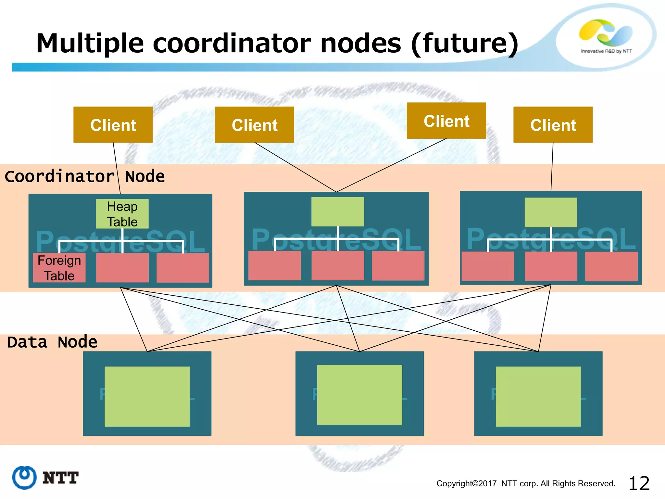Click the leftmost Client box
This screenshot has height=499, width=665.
pyautogui.click(x=113, y=125)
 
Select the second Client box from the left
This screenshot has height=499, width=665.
pyautogui.click(x=254, y=125)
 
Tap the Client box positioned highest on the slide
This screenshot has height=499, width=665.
pyautogui.click(x=446, y=121)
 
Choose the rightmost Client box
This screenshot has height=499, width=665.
pyautogui.click(x=553, y=125)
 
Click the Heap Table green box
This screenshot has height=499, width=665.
pyautogui.click(x=122, y=214)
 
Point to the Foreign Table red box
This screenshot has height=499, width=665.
pyautogui.click(x=59, y=268)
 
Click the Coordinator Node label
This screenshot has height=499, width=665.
pyautogui.click(x=84, y=177)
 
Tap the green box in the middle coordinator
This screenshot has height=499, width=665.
pyautogui.click(x=337, y=211)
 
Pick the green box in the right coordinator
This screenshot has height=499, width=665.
pyautogui.click(x=551, y=212)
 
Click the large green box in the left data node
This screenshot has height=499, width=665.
pyautogui.click(x=147, y=396)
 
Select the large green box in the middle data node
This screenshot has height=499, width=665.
pyautogui.click(x=359, y=395)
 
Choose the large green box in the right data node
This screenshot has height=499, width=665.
pyautogui.click(x=538, y=396)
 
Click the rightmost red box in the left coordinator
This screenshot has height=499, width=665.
pyautogui.click(x=183, y=268)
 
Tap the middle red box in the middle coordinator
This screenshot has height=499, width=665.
pyautogui.click(x=337, y=265)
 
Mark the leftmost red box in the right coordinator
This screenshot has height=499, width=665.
pyautogui.click(x=488, y=266)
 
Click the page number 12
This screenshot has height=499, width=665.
pyautogui.click(x=639, y=483)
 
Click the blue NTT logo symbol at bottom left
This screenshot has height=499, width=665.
pyautogui.click(x=24, y=477)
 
